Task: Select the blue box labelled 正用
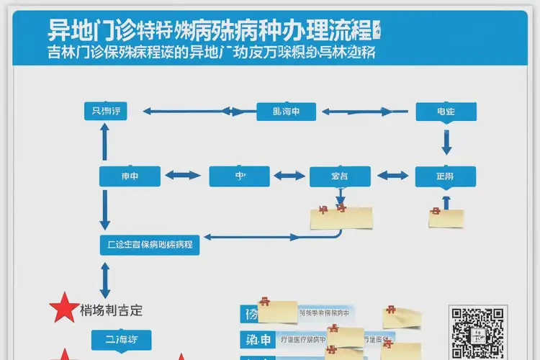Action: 445,176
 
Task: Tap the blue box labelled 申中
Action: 129,176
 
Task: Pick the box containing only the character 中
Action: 239,176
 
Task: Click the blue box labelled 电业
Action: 446,112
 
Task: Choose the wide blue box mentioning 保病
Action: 149,245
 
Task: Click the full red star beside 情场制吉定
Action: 63,309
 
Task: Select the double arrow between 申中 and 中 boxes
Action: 183,175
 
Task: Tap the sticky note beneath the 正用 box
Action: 446,217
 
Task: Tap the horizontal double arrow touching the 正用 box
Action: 393,175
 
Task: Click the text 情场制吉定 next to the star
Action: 112,310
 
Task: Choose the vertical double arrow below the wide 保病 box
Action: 105,276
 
